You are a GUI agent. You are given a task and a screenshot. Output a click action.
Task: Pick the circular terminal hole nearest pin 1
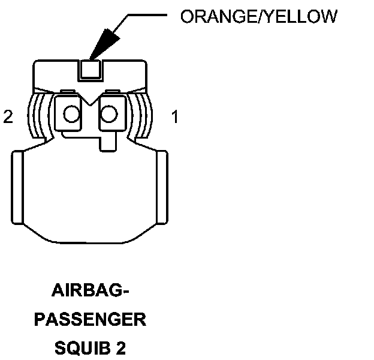coord(110,113)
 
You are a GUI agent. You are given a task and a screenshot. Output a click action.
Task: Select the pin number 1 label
coord(175,117)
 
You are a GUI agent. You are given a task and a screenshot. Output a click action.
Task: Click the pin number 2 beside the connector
coord(8,116)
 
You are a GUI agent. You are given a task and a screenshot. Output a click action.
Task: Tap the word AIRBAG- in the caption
coord(91,293)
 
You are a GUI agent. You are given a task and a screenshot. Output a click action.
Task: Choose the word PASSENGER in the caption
coord(90,319)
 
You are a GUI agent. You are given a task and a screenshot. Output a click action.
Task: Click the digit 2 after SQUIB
coord(122,347)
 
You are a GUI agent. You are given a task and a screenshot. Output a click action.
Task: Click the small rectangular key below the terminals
coord(108,143)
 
